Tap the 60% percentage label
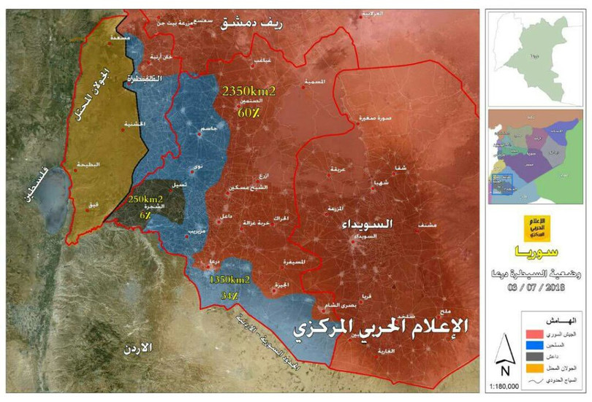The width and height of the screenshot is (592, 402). pyautogui.click(x=247, y=113)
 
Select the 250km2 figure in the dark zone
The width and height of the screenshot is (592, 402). pyautogui.click(x=146, y=198)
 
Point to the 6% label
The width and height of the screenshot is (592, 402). pyautogui.click(x=144, y=215)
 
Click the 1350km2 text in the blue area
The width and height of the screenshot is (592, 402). pyautogui.click(x=230, y=279)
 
